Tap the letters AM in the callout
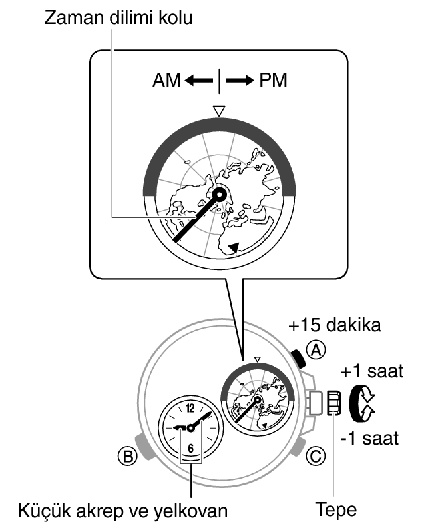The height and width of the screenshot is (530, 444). (166, 81)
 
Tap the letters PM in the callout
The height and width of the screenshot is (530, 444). (274, 81)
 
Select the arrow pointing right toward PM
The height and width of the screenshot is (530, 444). (239, 81)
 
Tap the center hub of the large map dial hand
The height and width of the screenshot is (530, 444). (219, 195)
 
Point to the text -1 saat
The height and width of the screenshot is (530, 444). (369, 438)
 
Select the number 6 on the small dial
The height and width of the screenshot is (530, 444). (191, 447)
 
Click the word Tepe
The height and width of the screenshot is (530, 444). (336, 510)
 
